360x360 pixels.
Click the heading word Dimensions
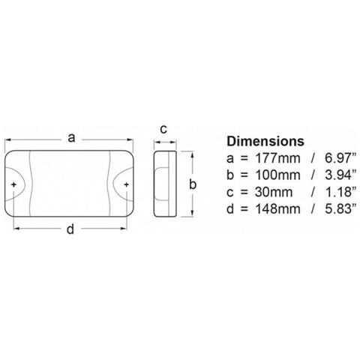click(x=265, y=141)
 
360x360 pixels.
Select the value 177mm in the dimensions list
click(x=277, y=158)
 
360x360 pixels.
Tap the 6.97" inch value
click(x=340, y=158)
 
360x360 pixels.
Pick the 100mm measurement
click(x=277, y=175)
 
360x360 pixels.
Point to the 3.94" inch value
click(x=340, y=175)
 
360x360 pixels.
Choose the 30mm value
click(x=274, y=192)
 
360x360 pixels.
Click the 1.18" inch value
click(x=340, y=192)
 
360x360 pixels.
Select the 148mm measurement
click(x=277, y=209)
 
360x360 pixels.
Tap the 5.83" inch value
click(x=340, y=209)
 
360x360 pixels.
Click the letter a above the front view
click(x=71, y=138)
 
